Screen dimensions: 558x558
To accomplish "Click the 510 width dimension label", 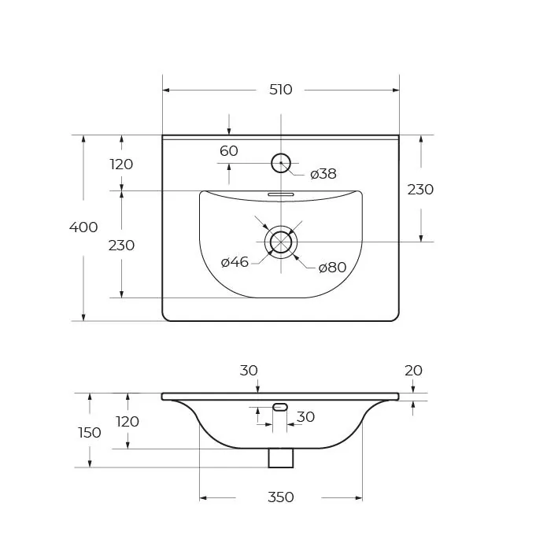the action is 281,90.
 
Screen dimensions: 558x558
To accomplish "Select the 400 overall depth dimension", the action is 83,227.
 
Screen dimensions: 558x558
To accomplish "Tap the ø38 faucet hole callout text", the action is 323,174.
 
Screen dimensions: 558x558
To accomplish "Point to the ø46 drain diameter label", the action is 235,262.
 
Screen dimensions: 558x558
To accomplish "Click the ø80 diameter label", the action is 332,268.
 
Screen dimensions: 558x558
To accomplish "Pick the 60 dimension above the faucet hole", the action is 229,151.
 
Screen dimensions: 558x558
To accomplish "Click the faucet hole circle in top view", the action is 281,163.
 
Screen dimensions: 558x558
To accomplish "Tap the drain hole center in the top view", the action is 281,242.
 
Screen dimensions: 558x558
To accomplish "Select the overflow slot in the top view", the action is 281,194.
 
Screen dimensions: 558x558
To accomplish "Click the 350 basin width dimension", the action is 281,497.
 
